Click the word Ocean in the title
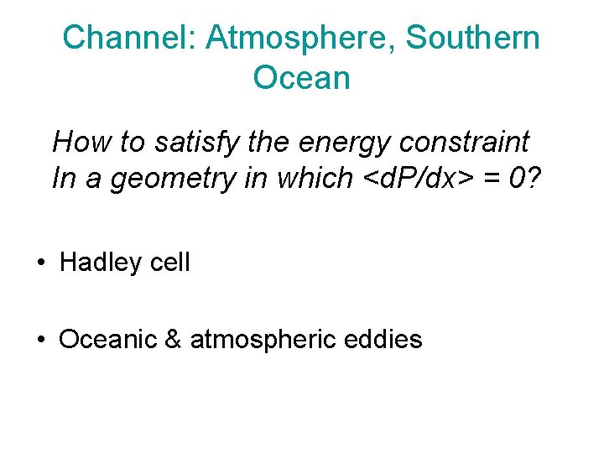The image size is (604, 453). click(301, 78)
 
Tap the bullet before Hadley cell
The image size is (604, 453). click(39, 263)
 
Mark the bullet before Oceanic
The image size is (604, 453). click(39, 340)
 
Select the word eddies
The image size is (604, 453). click(387, 340)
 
